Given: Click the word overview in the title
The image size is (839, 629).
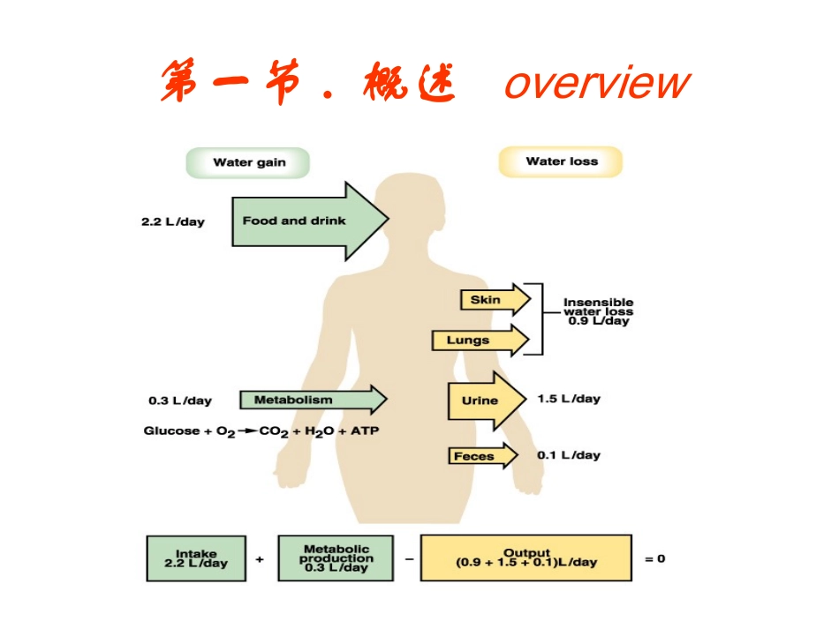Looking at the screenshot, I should pyautogui.click(x=597, y=84).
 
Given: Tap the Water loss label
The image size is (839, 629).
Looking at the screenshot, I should pyautogui.click(x=561, y=161).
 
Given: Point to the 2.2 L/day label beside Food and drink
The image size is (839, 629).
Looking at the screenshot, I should pyautogui.click(x=172, y=221).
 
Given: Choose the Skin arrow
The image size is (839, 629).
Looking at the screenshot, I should pyautogui.click(x=493, y=300).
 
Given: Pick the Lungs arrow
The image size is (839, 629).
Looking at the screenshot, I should pyautogui.click(x=478, y=340).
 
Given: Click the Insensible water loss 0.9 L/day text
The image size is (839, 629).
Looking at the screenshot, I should pyautogui.click(x=598, y=311).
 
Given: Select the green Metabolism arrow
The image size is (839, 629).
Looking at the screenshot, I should pyautogui.click(x=309, y=400).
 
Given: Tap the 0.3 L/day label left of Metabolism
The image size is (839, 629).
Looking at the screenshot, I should pyautogui.click(x=179, y=401).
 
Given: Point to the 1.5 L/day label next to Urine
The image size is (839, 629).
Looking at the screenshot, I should pyautogui.click(x=568, y=399).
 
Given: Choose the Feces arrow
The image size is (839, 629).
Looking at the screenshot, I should pyautogui.click(x=482, y=456).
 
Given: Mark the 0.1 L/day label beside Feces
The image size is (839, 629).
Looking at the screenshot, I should pyautogui.click(x=568, y=455).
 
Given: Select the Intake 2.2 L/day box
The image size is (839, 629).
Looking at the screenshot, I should pyautogui.click(x=196, y=558).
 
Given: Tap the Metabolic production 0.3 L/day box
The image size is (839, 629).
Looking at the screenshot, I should pyautogui.click(x=336, y=558).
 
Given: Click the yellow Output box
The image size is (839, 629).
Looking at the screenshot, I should pyautogui.click(x=525, y=558).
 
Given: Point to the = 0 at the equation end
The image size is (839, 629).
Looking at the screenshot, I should pyautogui.click(x=654, y=558).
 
